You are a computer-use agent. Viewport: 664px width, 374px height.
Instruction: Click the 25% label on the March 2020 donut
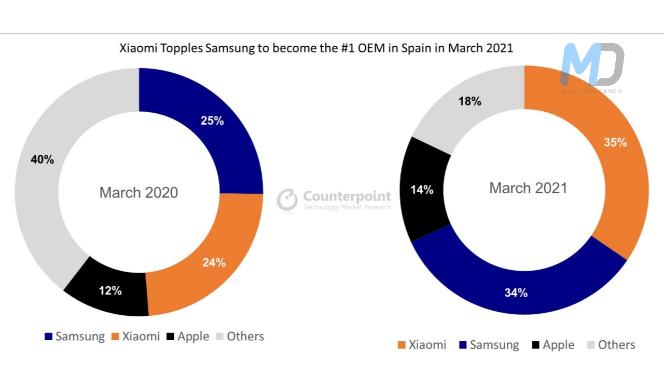[x=212, y=121]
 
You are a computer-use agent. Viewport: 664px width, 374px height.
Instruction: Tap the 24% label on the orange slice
[x=214, y=263]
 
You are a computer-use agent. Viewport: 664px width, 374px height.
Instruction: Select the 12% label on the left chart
[x=110, y=291]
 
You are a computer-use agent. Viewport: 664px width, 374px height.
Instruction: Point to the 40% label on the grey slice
[x=42, y=160]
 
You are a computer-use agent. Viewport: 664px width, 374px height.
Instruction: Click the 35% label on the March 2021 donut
[x=615, y=142]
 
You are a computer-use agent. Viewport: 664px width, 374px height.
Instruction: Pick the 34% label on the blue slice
[x=516, y=293]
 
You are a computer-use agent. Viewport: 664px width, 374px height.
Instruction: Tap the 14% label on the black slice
[x=422, y=190]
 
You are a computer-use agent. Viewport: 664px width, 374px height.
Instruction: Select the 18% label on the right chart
[x=469, y=102]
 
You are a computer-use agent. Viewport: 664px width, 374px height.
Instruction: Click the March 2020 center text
[x=139, y=193]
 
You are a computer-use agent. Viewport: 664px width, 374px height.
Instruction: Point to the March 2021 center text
[x=528, y=188]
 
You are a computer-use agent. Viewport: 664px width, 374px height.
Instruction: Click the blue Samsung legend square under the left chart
[x=49, y=337]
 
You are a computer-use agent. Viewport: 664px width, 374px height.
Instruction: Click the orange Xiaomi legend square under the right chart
[x=402, y=345]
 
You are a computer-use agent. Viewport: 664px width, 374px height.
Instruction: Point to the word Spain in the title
[x=418, y=48]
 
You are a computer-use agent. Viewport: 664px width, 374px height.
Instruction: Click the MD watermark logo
[x=592, y=64]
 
